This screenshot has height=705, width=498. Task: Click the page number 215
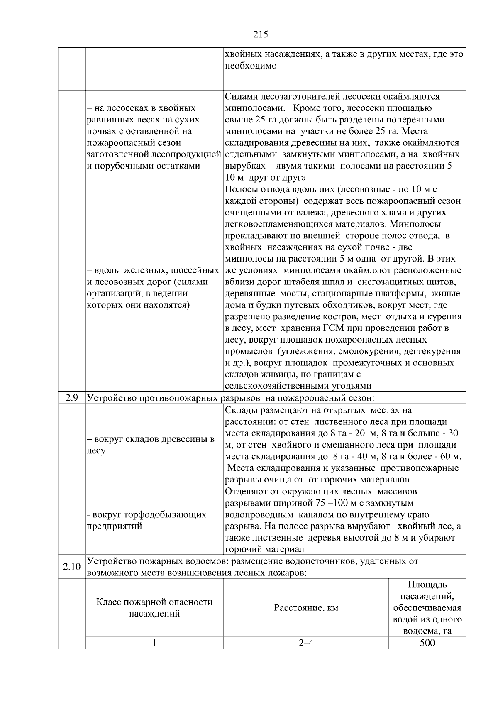(260, 34)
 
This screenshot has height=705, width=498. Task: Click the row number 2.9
(72, 398)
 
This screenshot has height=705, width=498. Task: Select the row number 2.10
(72, 567)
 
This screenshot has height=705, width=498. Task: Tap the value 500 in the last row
(427, 643)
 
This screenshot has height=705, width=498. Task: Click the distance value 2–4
(306, 643)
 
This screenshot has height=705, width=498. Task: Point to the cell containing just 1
(154, 643)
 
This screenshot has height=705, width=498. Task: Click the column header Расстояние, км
(306, 608)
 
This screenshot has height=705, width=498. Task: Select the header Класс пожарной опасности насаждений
(154, 608)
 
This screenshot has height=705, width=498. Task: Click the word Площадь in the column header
(427, 585)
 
